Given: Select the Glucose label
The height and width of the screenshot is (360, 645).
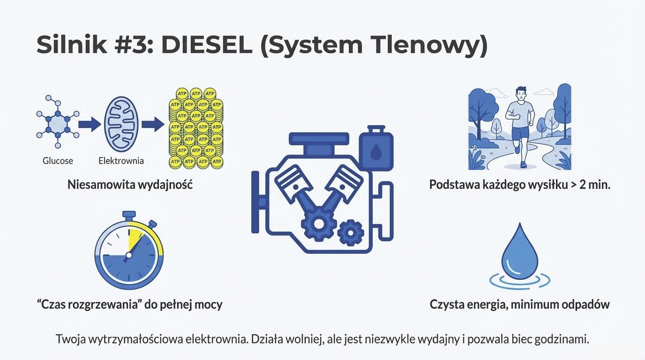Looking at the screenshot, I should (58, 161).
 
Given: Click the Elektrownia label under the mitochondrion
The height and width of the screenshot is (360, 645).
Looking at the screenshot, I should (121, 161).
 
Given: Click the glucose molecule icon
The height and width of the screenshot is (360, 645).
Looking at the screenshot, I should (57, 123).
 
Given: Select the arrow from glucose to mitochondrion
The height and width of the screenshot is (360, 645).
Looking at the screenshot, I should (89, 124).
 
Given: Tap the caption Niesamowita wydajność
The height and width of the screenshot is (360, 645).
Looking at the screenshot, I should (130, 184).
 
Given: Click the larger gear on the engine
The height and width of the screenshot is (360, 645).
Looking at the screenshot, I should (319, 224).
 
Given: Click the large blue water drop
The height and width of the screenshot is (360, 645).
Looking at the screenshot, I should (519, 253).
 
